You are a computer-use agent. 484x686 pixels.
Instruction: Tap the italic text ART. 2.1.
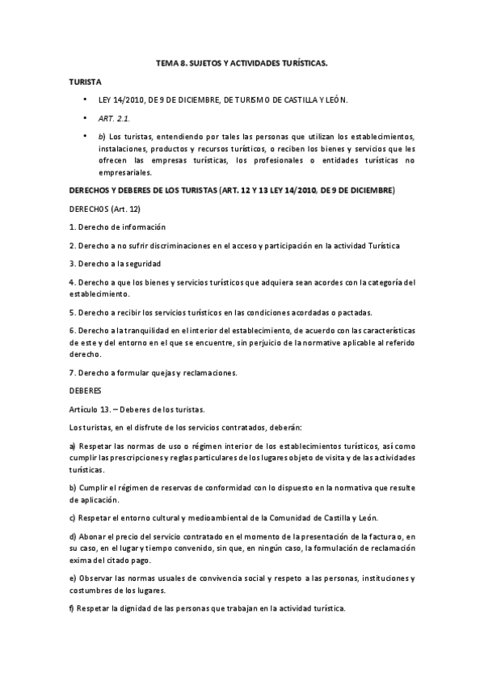tap(115, 118)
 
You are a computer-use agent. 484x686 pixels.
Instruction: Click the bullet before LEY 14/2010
tap(85, 100)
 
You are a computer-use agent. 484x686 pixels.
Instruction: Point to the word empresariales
tap(125, 172)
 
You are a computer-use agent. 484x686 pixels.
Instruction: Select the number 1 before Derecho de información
tap(71, 227)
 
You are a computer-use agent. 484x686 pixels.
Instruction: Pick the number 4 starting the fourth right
tap(71, 282)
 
